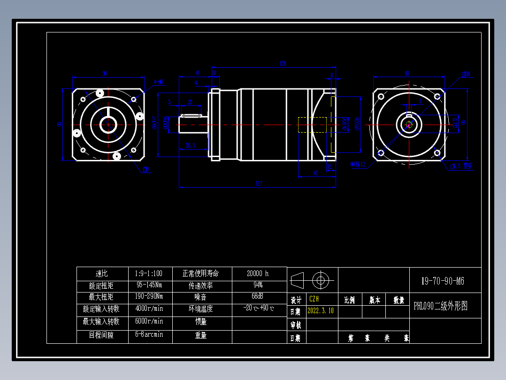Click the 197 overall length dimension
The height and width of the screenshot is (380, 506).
pos(259,184)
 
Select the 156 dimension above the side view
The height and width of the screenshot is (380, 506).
pos(283,63)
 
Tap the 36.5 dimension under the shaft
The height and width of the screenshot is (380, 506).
pos(190,145)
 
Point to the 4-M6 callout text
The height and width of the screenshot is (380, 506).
pos(158,82)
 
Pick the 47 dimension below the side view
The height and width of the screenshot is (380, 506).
pos(315,174)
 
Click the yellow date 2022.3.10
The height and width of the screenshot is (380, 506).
pos(320,311)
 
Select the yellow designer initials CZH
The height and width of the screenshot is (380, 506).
pos(314,299)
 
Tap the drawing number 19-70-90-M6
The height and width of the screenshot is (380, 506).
pos(442,281)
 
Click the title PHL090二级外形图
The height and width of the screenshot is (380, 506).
pos(440,306)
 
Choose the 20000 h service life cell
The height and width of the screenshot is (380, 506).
pos(258,273)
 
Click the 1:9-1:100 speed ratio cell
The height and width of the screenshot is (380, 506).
pos(148,273)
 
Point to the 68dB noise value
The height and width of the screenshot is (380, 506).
pos(258,297)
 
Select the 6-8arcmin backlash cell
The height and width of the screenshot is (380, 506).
pos(148,335)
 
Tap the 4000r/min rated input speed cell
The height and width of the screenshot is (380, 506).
pos(148,309)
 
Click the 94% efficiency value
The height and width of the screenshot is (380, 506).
pos(258,285)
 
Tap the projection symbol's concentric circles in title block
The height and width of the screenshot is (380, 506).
pos(321,280)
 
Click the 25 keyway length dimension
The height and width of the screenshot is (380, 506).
pos(190,102)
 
